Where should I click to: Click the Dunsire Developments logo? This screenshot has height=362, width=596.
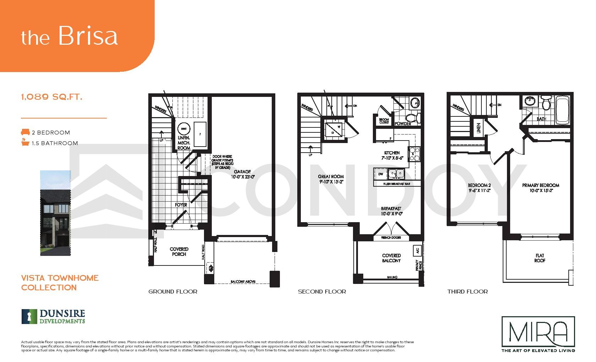click(x=53, y=316)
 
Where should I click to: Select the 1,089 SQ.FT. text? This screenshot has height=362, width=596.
click(x=52, y=97)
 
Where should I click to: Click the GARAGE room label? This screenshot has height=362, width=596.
click(x=242, y=174)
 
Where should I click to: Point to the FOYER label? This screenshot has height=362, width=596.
click(x=181, y=205)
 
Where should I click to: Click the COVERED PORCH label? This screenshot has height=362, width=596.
click(x=179, y=252)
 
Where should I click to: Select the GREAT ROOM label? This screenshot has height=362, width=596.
click(x=331, y=179)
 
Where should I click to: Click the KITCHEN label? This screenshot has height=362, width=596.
click(x=392, y=155)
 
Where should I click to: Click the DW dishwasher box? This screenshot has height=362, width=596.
click(x=380, y=174)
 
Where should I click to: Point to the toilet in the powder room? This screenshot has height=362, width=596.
click(x=413, y=117)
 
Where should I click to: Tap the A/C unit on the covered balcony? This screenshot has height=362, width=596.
click(x=417, y=251)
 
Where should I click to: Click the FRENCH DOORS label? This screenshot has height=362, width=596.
click(x=391, y=237)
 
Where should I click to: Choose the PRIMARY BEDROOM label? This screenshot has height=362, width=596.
click(x=540, y=188)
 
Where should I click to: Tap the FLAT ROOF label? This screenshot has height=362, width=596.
click(x=540, y=258)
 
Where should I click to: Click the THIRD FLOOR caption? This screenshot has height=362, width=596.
click(x=467, y=292)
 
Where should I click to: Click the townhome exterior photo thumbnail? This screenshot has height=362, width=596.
click(x=55, y=213)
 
